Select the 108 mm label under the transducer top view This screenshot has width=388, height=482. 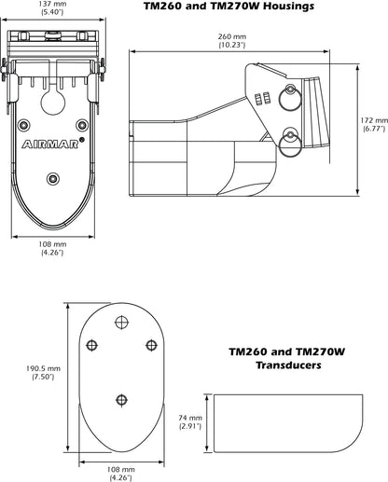[x=119, y=470]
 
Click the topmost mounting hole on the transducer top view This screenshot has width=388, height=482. [x=119, y=322]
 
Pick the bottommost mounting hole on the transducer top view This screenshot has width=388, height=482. [x=119, y=400]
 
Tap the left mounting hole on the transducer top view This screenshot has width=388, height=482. [x=91, y=345]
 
